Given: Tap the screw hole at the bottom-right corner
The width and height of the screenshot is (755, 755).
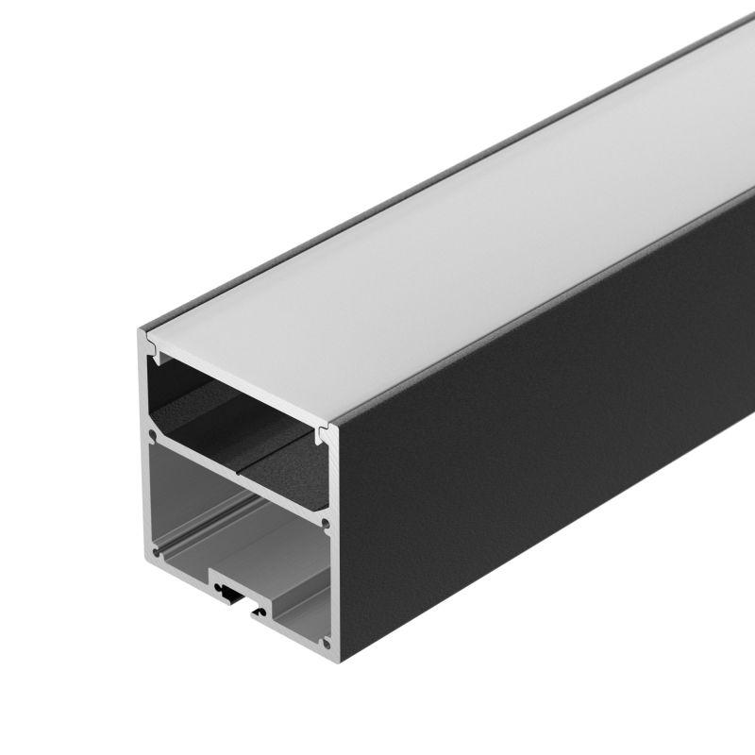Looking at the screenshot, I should click(x=327, y=644).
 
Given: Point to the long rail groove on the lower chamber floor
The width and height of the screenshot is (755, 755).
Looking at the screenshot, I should click(x=189, y=557).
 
